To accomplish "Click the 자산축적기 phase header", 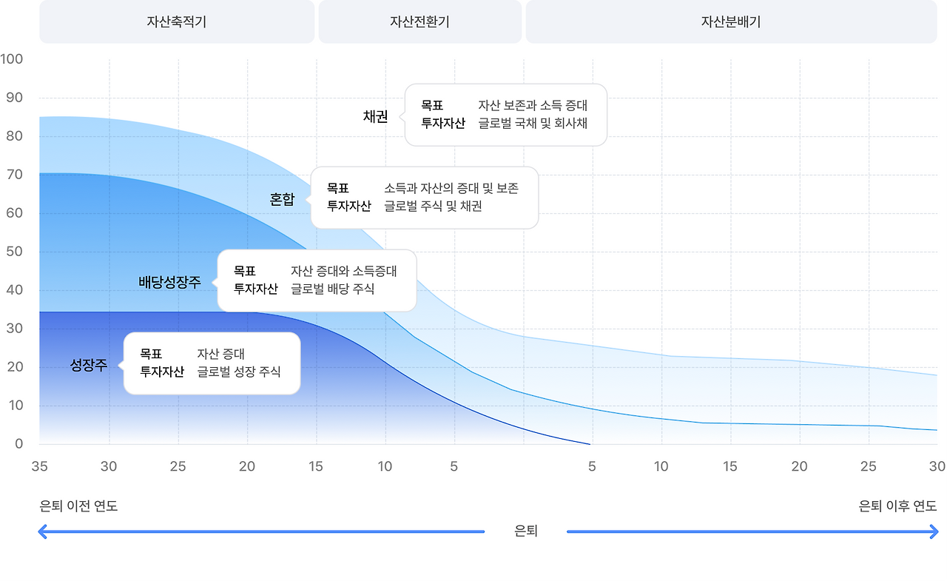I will [x=177, y=21].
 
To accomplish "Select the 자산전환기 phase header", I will [x=419, y=21].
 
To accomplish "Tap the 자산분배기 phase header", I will [x=731, y=21].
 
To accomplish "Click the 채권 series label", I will [x=375, y=116].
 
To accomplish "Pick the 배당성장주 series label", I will [x=169, y=282].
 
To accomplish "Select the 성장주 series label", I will [x=89, y=365].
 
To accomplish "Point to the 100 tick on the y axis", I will [x=12, y=59].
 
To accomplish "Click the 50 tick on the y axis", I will [x=14, y=252].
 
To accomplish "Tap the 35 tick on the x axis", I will [x=39, y=466].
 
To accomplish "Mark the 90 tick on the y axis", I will [x=14, y=98].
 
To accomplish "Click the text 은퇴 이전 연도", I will [x=78, y=506].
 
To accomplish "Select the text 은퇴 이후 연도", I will [x=897, y=506].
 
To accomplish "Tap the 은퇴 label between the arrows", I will [x=525, y=531].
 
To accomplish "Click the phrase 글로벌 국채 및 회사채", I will [x=533, y=124].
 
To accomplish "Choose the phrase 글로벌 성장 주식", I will [x=238, y=372].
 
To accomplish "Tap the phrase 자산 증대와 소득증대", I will [x=344, y=271].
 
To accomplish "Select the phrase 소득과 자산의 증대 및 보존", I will [x=451, y=188].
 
